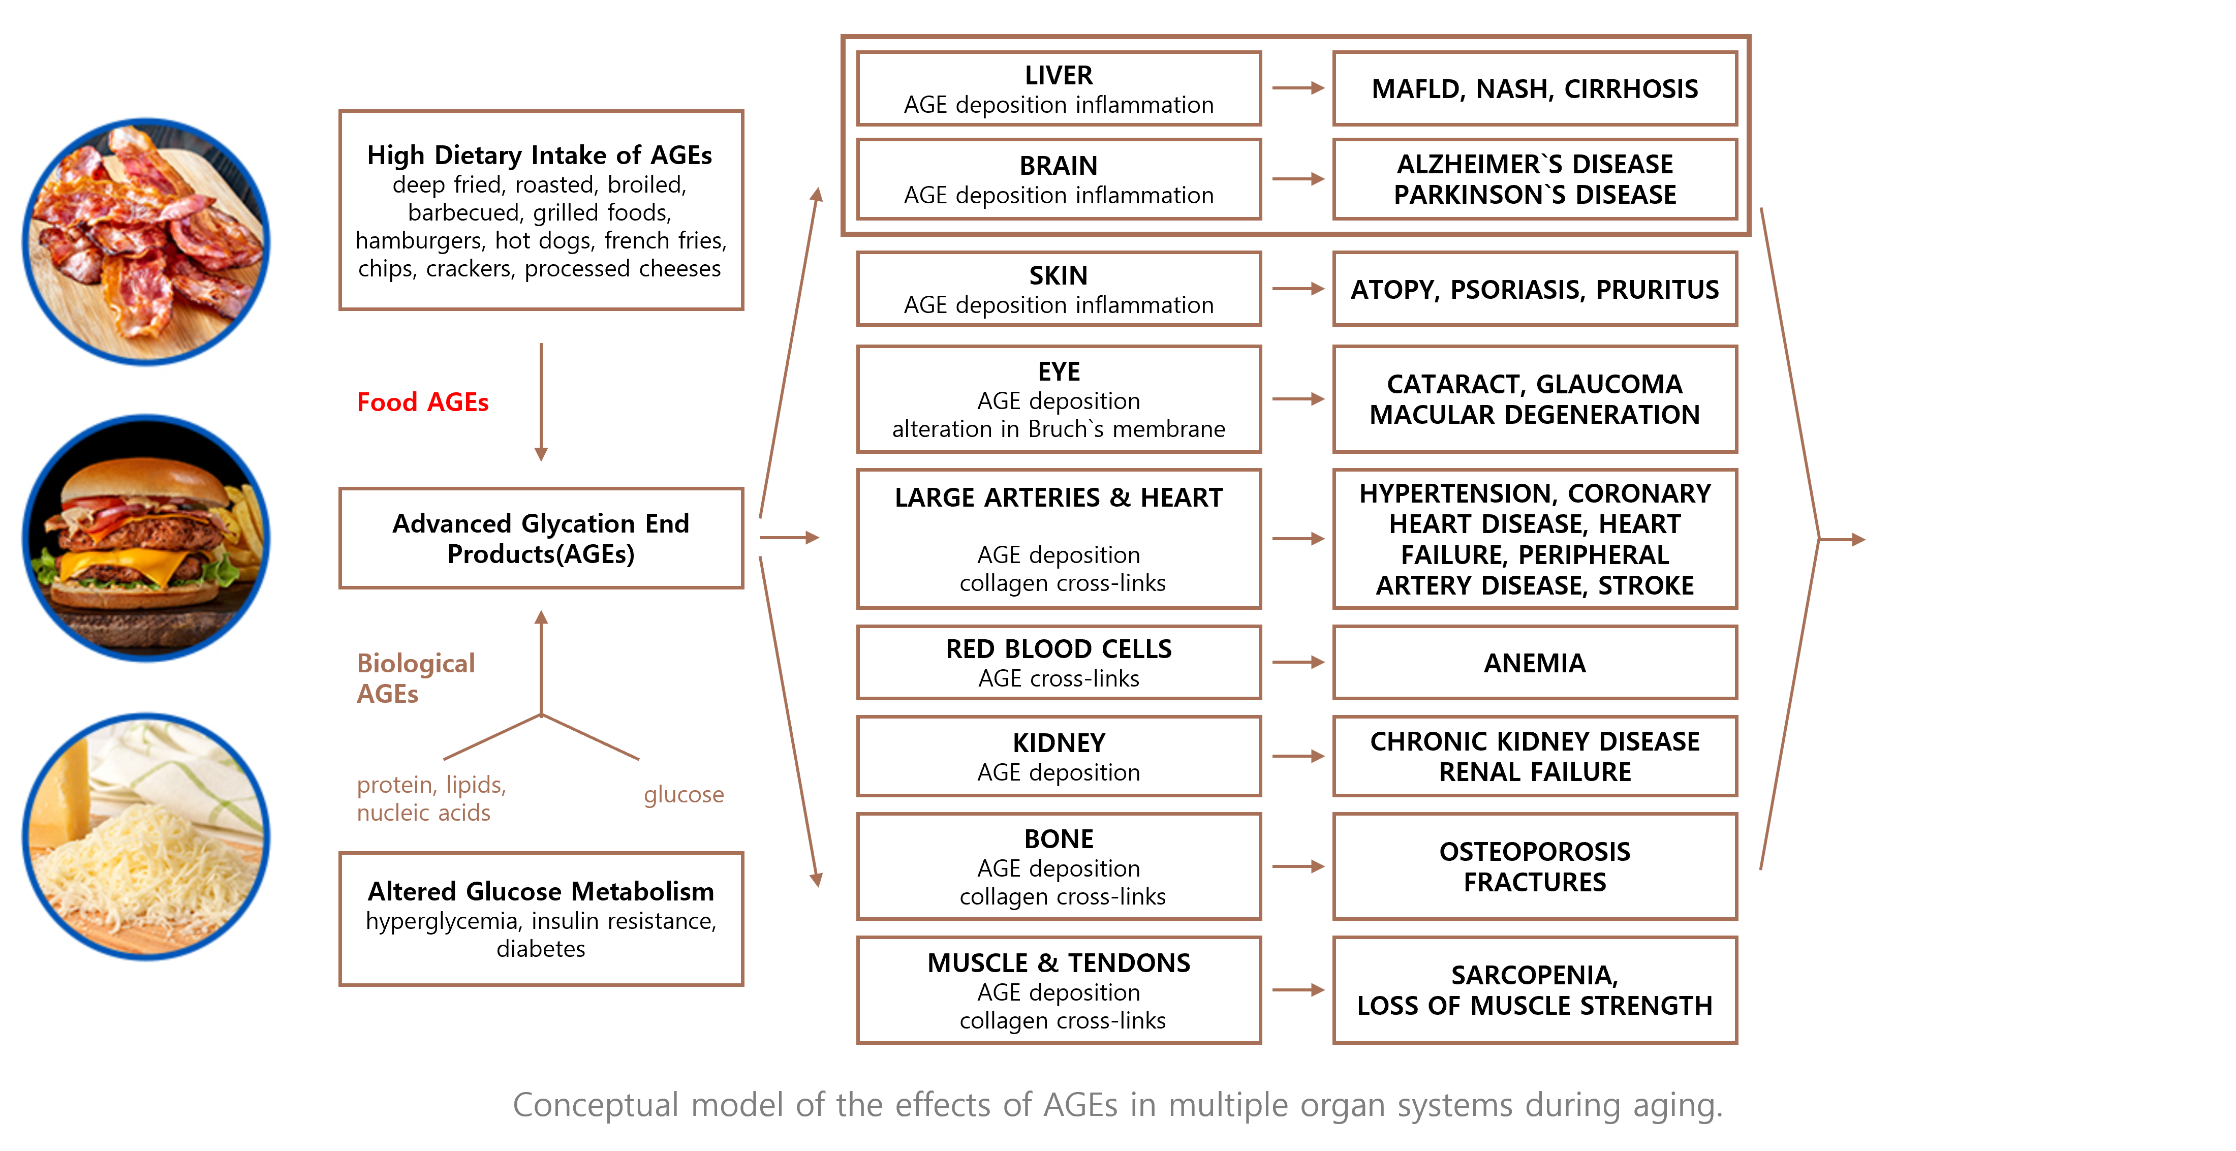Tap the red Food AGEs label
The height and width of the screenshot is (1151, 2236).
423,402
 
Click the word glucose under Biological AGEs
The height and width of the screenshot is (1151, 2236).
684,794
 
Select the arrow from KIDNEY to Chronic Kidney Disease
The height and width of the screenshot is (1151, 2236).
1298,756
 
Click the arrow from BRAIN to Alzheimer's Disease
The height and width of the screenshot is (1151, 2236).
1298,179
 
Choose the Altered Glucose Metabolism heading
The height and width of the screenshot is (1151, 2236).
541,891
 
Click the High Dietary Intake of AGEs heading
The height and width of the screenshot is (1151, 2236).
540,155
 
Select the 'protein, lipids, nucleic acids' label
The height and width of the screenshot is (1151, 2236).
431,798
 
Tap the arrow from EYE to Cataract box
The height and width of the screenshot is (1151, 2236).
1298,399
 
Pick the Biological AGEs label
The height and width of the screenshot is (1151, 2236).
416,678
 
